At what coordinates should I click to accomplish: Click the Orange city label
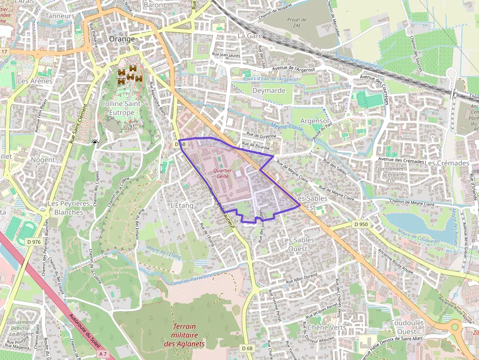122,39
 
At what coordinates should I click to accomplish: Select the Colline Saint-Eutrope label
122,108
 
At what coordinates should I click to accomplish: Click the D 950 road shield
360,224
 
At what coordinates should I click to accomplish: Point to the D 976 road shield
34,242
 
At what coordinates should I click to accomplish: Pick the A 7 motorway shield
102,353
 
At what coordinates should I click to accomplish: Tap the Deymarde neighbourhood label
268,90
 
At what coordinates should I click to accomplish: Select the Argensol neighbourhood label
314,121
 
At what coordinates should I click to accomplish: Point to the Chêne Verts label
327,327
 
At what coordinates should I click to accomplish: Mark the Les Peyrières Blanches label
68,208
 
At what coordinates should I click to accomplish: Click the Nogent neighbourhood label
43,160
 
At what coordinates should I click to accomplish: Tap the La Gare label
250,36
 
